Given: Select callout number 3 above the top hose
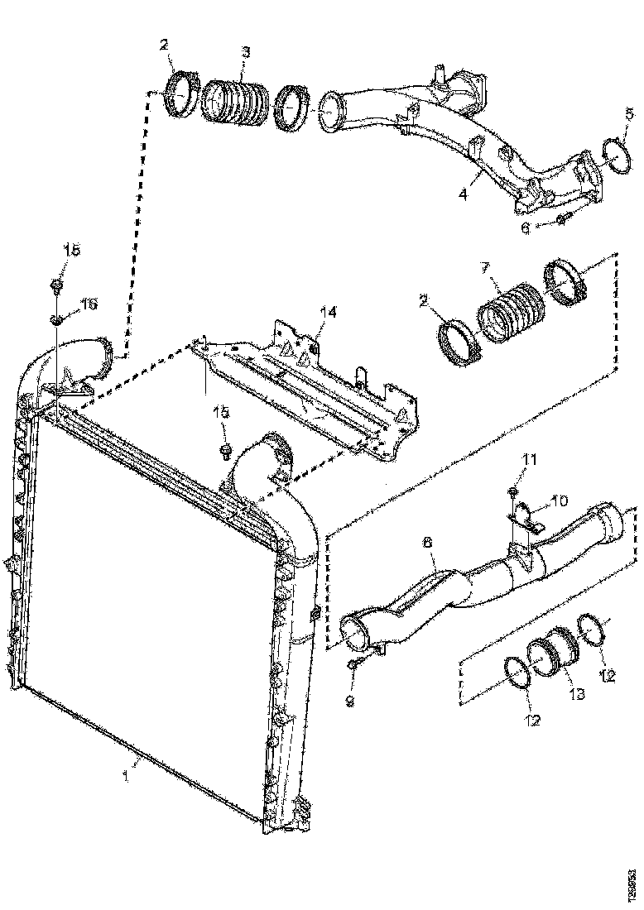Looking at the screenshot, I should click(x=246, y=52).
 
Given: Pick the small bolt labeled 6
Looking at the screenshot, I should click(x=562, y=218).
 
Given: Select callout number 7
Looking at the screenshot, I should click(x=486, y=268).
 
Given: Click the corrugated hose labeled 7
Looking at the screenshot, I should click(x=508, y=313).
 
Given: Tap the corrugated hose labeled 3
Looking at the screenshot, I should click(x=235, y=103).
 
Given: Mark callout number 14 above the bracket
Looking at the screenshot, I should click(x=329, y=312).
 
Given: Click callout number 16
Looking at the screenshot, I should click(x=88, y=304).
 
